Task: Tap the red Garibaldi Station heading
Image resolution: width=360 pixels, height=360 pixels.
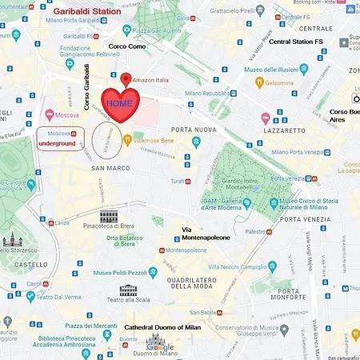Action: coord(88,12)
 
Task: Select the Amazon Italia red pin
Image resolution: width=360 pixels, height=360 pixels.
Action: coord(126,79)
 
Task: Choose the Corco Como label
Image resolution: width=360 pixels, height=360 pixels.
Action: coord(128,47)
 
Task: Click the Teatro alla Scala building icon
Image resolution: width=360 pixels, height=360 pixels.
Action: coord(129,290)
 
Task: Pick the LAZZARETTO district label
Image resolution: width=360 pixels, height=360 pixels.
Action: coord(286,130)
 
